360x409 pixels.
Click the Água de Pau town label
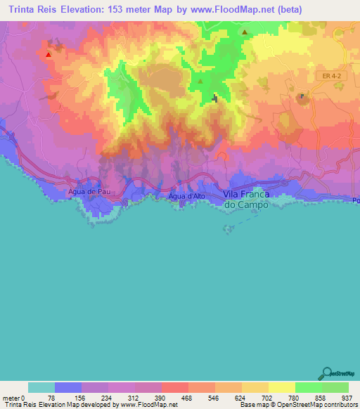pyautogui.click(x=86, y=190)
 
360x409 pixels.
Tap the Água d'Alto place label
pyautogui.click(x=186, y=196)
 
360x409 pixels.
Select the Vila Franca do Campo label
pyautogui.click(x=246, y=199)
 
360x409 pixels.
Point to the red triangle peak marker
pyautogui.click(x=49, y=54)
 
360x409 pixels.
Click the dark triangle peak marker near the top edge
pyautogui.click(x=245, y=32)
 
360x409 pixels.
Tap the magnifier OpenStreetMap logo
pyautogui.click(x=328, y=374)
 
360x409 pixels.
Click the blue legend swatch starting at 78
pyautogui.click(x=68, y=387)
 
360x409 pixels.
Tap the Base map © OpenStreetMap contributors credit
pyautogui.click(x=297, y=405)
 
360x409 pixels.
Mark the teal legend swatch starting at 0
pyautogui.click(x=41, y=387)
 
